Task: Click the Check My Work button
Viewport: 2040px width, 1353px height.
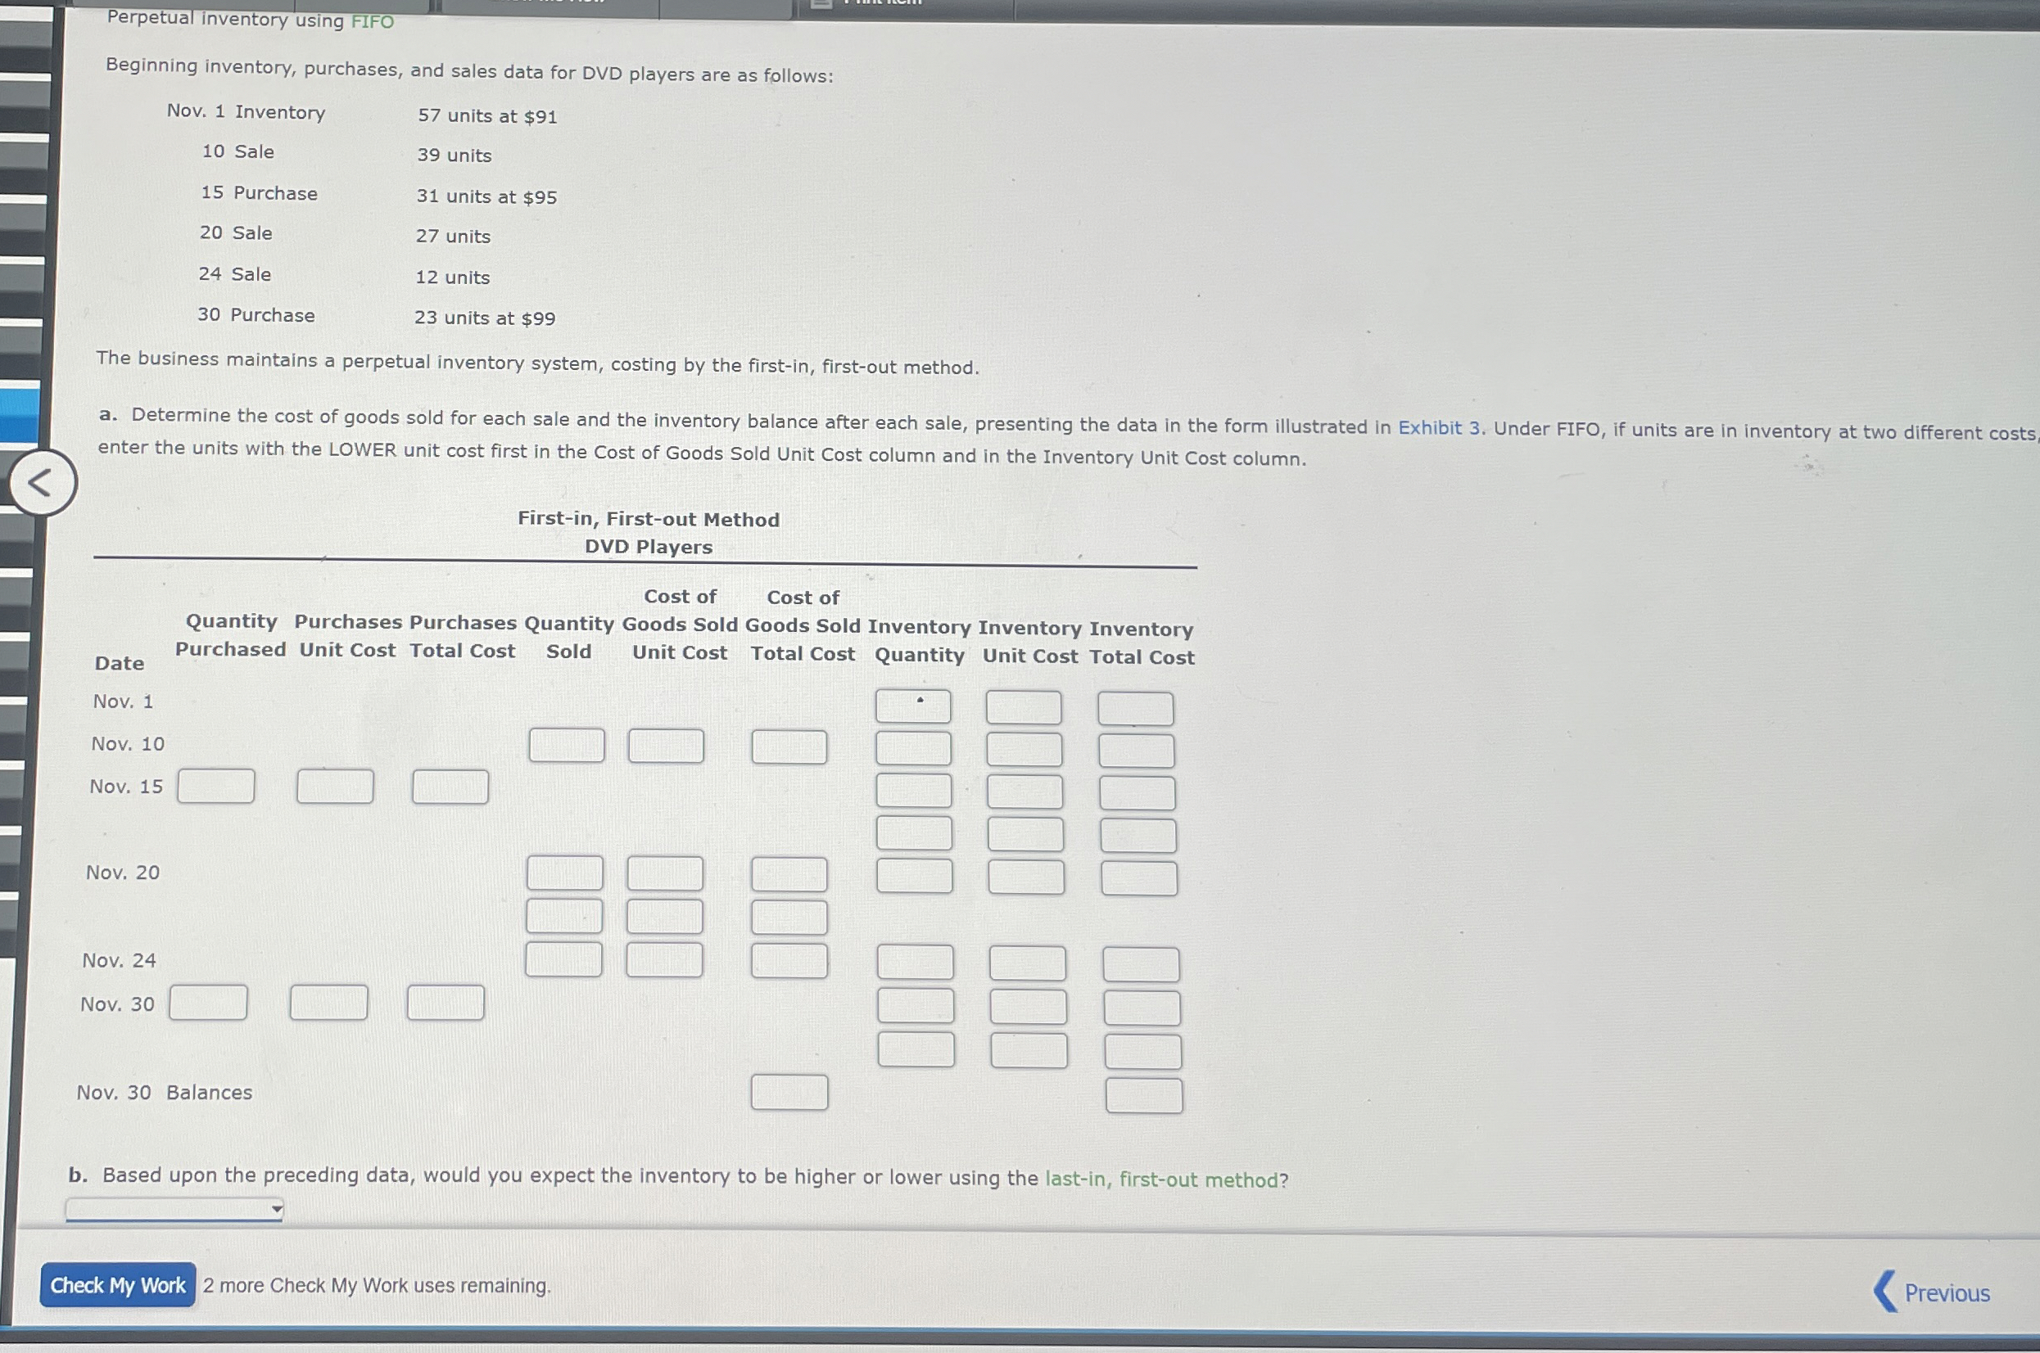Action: (117, 1285)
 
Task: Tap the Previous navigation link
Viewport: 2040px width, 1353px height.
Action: (1933, 1292)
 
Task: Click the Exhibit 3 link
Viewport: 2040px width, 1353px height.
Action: (1438, 428)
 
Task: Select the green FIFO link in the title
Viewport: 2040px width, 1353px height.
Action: (372, 21)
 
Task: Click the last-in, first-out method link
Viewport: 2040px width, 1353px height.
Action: (1165, 1179)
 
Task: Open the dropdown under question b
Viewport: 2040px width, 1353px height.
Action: (174, 1209)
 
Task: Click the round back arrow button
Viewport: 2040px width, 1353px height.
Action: (43, 482)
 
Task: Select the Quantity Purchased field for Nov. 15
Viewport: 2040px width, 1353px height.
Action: (216, 786)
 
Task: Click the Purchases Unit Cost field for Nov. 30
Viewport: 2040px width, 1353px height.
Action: (329, 1003)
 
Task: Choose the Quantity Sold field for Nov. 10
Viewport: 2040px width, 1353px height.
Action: (567, 745)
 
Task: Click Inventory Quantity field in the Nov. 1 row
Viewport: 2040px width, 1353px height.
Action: (912, 706)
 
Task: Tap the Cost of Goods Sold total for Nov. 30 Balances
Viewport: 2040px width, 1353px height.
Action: (789, 1093)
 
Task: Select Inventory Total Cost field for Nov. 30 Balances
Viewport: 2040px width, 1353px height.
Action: (1144, 1095)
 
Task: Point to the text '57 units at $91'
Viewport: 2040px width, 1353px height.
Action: (488, 115)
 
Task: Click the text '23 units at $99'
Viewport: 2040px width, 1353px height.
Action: (484, 318)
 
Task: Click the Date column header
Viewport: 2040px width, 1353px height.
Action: (119, 663)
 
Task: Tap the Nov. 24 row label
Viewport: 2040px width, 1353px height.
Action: (119, 960)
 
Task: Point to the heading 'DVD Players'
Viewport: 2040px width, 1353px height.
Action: (649, 547)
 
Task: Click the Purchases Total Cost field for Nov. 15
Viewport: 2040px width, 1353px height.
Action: (450, 787)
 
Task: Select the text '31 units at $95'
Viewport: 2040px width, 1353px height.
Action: (486, 196)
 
